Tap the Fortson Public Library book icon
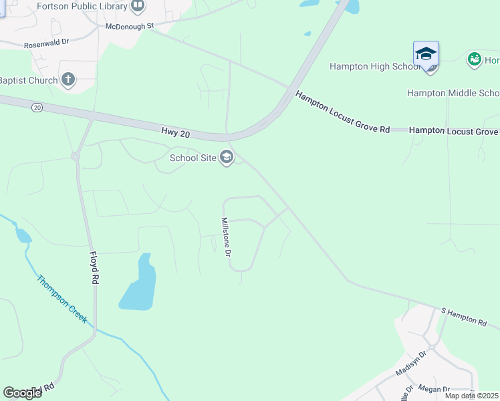coord(138,7)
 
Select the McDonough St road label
coord(130,26)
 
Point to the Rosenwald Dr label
coord(46,42)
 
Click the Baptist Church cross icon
coord(67,80)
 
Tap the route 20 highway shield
coord(37,108)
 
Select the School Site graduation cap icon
coord(227,158)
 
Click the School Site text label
coord(193,158)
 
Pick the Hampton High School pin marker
coord(426,55)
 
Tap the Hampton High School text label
coord(374,66)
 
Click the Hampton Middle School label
coord(453,93)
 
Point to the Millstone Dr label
coord(227,237)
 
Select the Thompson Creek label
coord(62,299)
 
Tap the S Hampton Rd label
coord(464,317)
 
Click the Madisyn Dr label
coord(412,364)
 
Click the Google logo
coord(23,393)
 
